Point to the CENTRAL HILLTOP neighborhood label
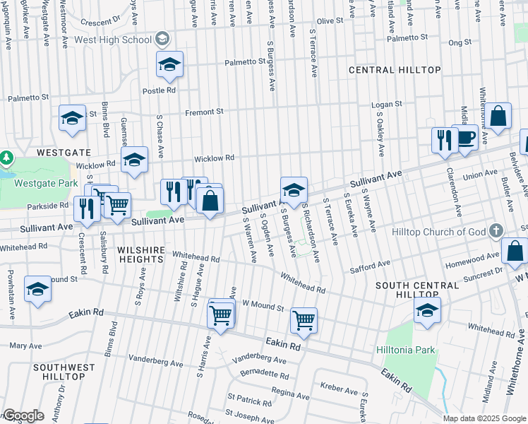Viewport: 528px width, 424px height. (395, 70)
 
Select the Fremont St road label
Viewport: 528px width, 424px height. (203, 112)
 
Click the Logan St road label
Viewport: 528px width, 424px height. (387, 104)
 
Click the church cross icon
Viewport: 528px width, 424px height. (496, 231)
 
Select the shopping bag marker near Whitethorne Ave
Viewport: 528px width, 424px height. (498, 117)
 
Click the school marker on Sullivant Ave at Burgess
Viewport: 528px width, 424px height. (294, 189)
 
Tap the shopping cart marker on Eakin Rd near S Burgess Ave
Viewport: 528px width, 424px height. (304, 320)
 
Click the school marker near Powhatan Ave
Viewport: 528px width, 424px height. (37, 289)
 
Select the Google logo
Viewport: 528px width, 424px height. (23, 416)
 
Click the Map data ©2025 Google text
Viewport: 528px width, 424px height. (484, 418)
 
